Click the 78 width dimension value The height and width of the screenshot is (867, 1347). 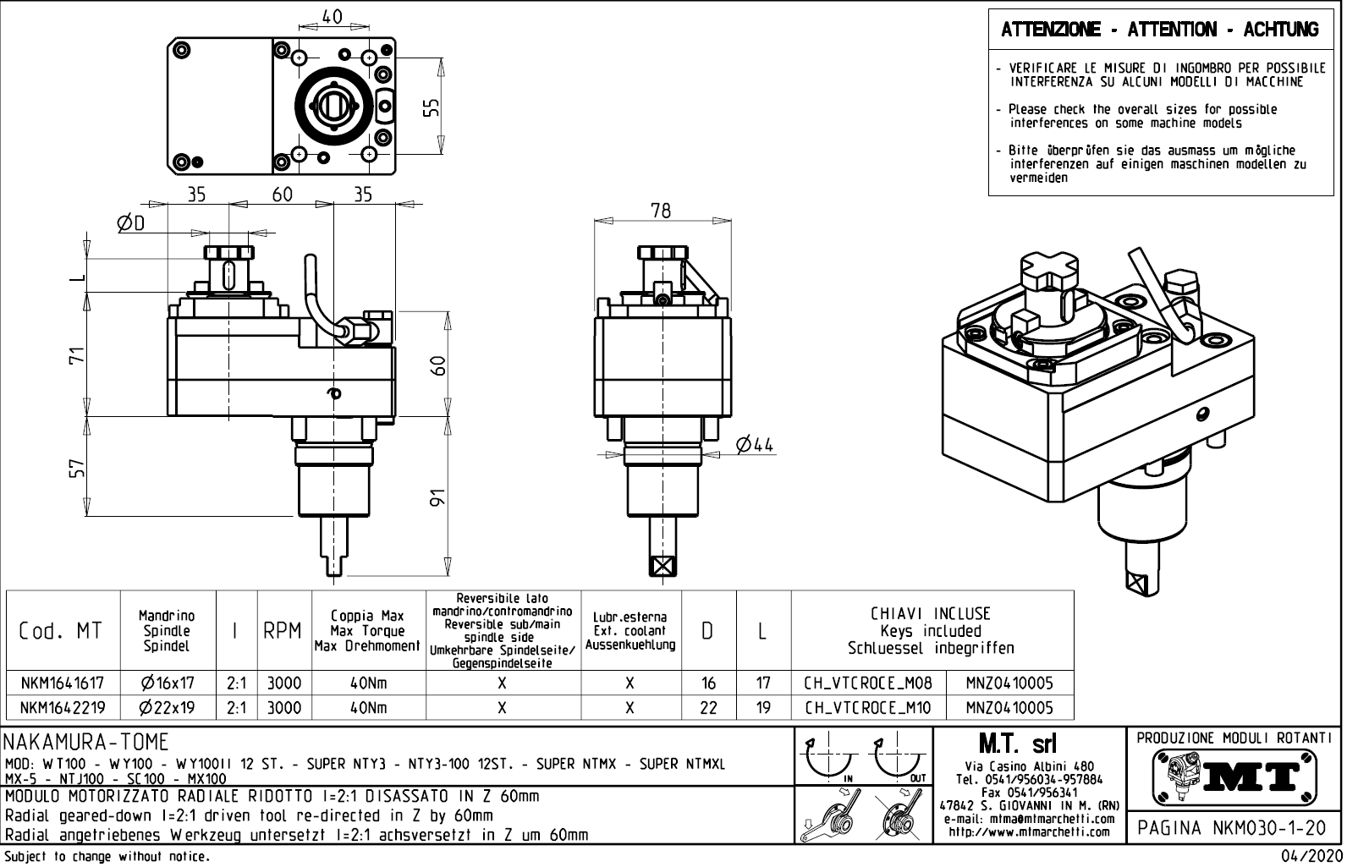click(661, 211)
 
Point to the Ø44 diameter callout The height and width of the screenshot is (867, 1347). click(754, 445)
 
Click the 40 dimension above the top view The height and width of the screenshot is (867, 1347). click(333, 16)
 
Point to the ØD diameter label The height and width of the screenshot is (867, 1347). click(131, 223)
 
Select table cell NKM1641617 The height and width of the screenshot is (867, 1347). click(62, 683)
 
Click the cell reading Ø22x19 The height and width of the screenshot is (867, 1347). click(168, 707)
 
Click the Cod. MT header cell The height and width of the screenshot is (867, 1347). click(60, 631)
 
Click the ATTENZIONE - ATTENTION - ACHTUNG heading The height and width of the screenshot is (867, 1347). click(1160, 30)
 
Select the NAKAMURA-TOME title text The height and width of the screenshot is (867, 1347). click(87, 742)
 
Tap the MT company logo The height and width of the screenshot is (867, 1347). click(1234, 775)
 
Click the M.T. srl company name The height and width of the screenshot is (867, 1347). click(1017, 744)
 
